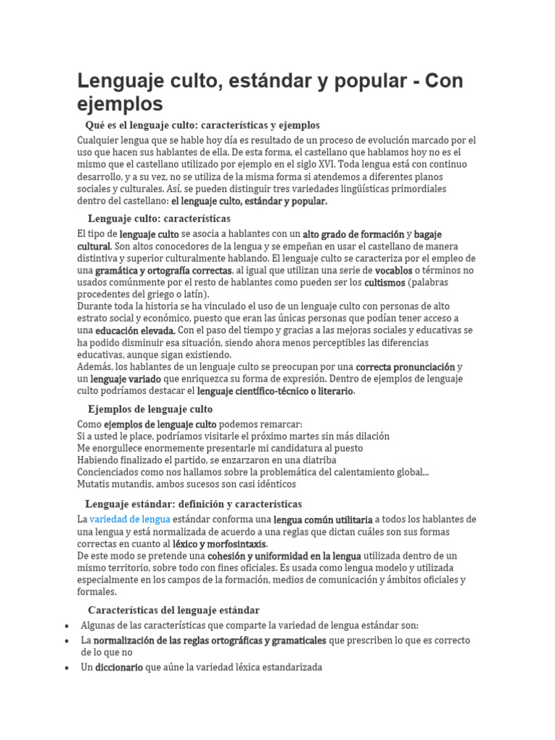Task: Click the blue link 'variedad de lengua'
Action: tap(129, 519)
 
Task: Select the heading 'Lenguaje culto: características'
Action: tap(159, 218)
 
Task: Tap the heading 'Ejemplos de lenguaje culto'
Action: tap(150, 409)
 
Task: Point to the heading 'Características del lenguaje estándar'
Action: tap(173, 590)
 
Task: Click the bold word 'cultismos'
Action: tap(384, 282)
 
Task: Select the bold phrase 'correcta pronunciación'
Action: tap(405, 366)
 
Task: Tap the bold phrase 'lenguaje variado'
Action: tap(126, 379)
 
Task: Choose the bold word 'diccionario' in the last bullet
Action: tap(119, 668)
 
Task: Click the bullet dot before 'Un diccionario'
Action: tap(66, 668)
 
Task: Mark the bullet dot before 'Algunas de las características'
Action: tap(66, 626)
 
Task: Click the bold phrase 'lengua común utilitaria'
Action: tap(323, 520)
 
